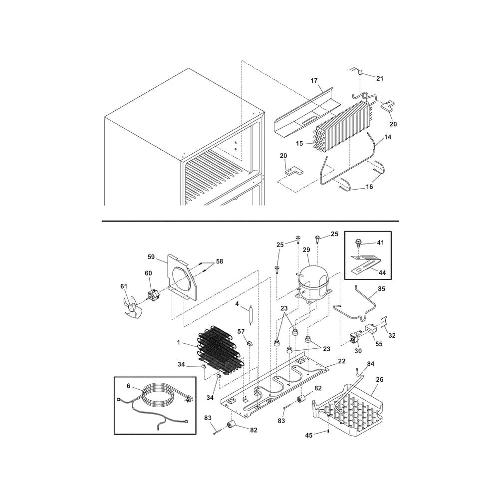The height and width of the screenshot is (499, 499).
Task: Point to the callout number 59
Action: pyautogui.click(x=151, y=256)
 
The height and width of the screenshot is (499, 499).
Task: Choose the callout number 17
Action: pyautogui.click(x=314, y=80)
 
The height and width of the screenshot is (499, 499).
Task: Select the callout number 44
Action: pyautogui.click(x=382, y=272)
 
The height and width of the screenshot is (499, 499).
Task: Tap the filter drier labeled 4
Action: pyautogui.click(x=251, y=315)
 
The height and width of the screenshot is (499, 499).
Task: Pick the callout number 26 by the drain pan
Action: pyautogui.click(x=380, y=379)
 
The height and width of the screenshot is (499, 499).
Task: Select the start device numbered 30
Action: pyautogui.click(x=355, y=337)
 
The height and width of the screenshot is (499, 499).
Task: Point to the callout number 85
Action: pyautogui.click(x=382, y=288)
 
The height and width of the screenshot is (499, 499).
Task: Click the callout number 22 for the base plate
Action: pyautogui.click(x=341, y=361)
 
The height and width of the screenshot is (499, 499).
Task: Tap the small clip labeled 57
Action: pyautogui.click(x=250, y=343)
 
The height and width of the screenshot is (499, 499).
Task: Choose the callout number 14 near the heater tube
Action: pyautogui.click(x=388, y=137)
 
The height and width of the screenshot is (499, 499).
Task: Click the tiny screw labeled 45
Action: pyautogui.click(x=328, y=431)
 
